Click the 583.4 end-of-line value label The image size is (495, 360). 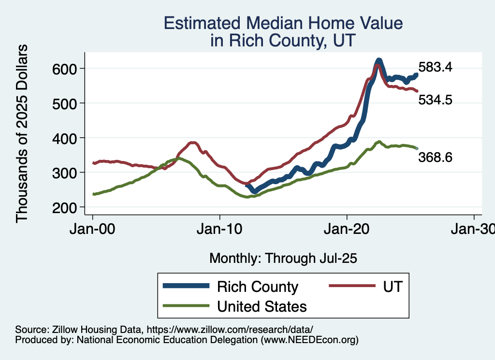pyautogui.click(x=435, y=67)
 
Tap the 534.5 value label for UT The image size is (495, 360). pyautogui.click(x=435, y=100)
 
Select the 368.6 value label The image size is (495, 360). pyautogui.click(x=435, y=157)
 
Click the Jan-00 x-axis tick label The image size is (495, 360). pyautogui.click(x=92, y=230)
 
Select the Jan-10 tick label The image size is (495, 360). pyautogui.click(x=220, y=230)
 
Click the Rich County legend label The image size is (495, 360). pyautogui.click(x=258, y=287)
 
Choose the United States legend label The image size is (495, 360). pyautogui.click(x=262, y=306)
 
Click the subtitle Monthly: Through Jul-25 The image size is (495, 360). pyautogui.click(x=283, y=259)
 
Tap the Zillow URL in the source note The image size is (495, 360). pyautogui.click(x=230, y=330)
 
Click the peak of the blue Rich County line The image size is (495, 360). pyautogui.click(x=379, y=60)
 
